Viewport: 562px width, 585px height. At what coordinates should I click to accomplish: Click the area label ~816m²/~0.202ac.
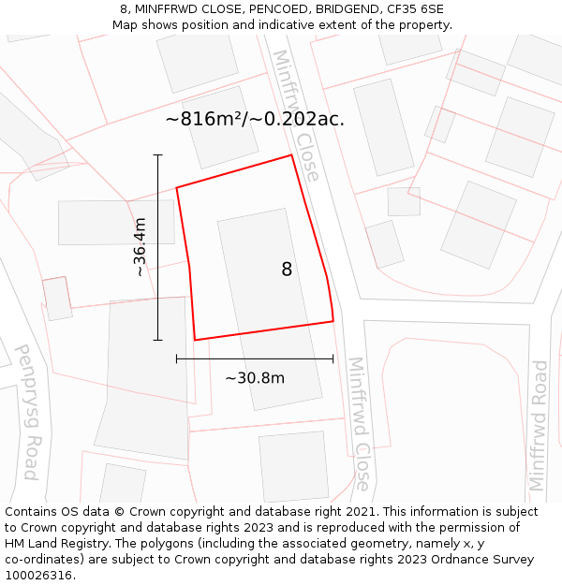pos(255,119)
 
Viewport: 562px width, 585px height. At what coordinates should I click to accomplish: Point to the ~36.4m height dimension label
pos(140,247)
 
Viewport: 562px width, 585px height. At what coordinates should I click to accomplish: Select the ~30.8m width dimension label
pos(255,378)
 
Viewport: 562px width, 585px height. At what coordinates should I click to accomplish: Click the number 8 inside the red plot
pos(287,270)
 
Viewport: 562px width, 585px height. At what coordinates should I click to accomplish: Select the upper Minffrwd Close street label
pos(296,114)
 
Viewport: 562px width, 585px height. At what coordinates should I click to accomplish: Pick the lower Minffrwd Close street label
pos(359,423)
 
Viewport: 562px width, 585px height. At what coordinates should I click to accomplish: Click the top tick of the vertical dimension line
pos(157,154)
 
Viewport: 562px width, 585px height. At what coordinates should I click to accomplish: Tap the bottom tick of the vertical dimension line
pos(157,340)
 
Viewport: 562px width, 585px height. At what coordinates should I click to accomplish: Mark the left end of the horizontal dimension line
pos(176,358)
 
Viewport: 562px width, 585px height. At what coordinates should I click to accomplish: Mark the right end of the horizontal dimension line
pos(333,358)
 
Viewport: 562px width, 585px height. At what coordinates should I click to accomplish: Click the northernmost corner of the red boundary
pos(292,155)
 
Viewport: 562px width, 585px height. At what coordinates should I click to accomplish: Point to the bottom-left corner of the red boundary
pos(195,340)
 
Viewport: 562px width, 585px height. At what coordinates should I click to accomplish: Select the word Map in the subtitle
pos(126,24)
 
